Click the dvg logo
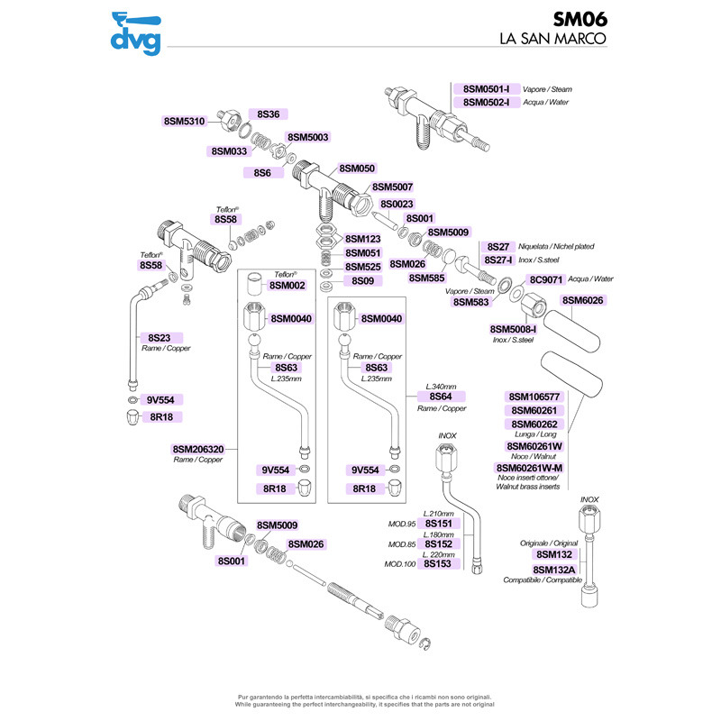(136, 33)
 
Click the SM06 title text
(580, 19)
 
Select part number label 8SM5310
(185, 122)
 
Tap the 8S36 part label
(268, 114)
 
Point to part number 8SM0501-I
(486, 88)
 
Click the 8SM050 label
(357, 169)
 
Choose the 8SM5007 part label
(392, 187)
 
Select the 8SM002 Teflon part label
(287, 285)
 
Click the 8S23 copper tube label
(160, 337)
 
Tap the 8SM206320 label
(198, 449)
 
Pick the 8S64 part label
(441, 397)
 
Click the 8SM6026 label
(582, 300)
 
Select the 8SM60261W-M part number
(529, 468)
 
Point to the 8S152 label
(438, 544)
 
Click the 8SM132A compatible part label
(554, 570)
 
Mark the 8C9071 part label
(546, 279)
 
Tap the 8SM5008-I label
(513, 329)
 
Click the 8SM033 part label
(229, 151)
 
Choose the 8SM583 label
(470, 302)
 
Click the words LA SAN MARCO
(553, 38)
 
